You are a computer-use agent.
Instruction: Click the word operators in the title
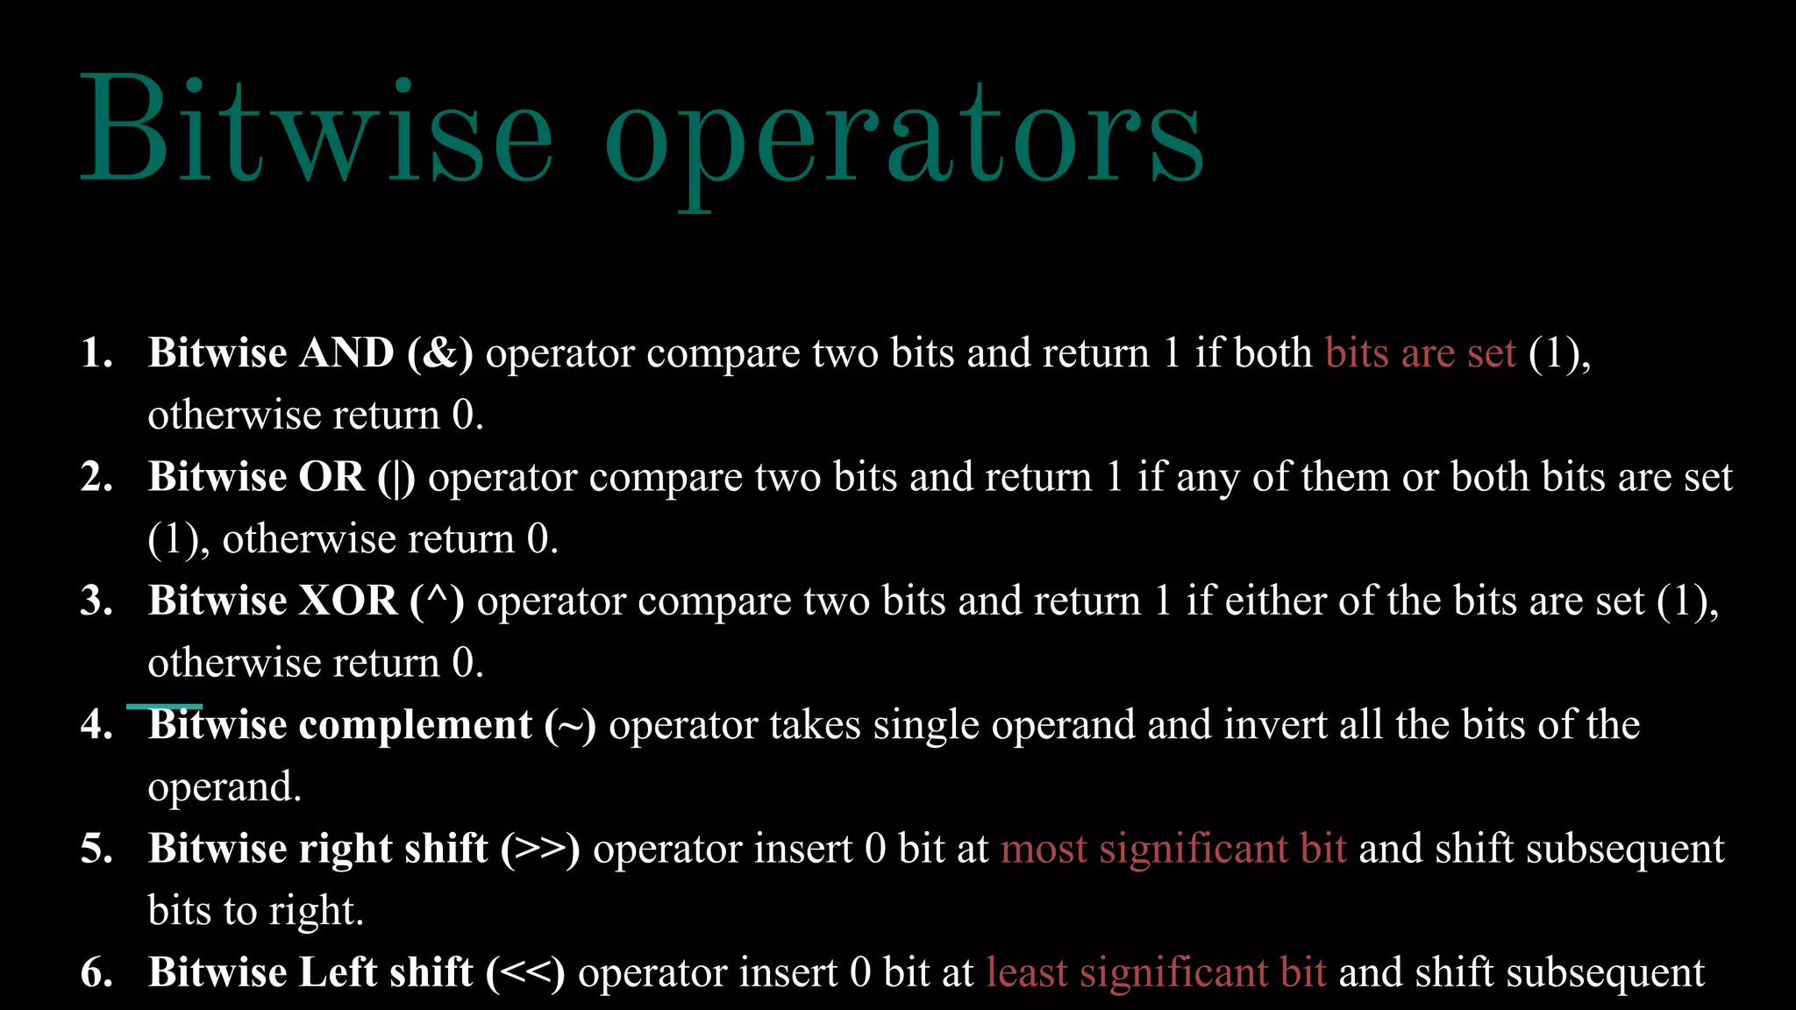(x=903, y=140)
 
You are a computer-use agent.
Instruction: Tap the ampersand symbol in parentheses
(x=441, y=353)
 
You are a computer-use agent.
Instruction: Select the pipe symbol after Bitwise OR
(x=397, y=479)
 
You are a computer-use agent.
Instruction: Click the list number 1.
(x=95, y=353)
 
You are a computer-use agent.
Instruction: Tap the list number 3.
(x=95, y=601)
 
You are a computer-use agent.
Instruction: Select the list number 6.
(x=95, y=973)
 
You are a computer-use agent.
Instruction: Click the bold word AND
(x=346, y=353)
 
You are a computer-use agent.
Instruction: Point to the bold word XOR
(x=348, y=601)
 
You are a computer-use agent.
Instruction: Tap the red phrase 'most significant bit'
(x=1173, y=850)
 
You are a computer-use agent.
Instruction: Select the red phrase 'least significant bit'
(x=1156, y=973)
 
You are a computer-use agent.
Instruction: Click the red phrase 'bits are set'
(x=1420, y=353)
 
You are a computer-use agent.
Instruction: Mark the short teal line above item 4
(x=164, y=706)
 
